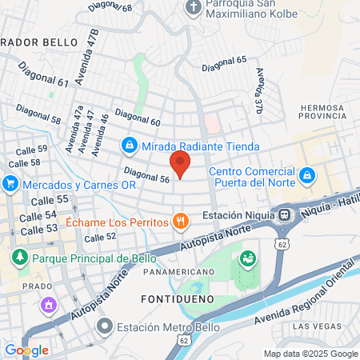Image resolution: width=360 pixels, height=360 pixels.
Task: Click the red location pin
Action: click(x=180, y=166)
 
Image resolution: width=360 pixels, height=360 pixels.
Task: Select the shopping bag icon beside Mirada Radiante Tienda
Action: click(x=128, y=146)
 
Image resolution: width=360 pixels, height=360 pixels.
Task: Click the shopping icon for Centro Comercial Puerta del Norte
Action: click(x=306, y=174)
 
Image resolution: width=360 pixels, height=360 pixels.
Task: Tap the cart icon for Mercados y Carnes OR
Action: click(x=10, y=184)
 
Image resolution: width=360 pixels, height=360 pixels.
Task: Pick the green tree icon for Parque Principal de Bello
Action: click(x=19, y=258)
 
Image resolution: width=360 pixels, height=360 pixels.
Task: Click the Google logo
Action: click(x=26, y=350)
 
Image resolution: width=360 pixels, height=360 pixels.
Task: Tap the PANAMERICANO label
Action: click(x=178, y=272)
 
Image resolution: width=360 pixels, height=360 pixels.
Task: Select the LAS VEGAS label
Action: click(x=314, y=326)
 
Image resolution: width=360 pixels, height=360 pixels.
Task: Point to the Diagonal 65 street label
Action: click(x=230, y=60)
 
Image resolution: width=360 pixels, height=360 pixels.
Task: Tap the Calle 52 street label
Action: click(x=100, y=237)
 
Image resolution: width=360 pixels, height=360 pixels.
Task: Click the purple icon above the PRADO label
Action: click(x=49, y=305)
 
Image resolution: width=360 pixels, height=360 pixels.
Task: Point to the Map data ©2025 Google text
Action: click(x=311, y=354)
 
